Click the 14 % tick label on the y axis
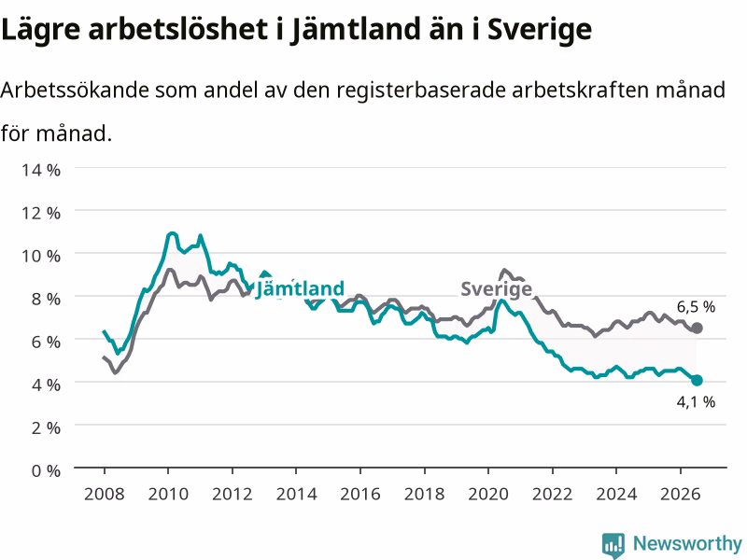(x=41, y=170)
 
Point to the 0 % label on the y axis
(x=46, y=471)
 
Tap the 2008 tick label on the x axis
(x=105, y=494)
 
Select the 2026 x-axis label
(x=681, y=494)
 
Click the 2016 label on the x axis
(x=360, y=494)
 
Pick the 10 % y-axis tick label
(x=41, y=256)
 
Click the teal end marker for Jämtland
(x=697, y=380)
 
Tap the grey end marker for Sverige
(x=697, y=328)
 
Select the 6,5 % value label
(x=696, y=307)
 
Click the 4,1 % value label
(x=696, y=402)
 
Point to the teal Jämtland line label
(x=300, y=288)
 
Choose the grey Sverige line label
(x=497, y=289)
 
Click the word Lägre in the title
(x=41, y=30)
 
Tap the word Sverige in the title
(x=540, y=30)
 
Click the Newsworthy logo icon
(x=613, y=544)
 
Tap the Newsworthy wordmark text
(x=687, y=543)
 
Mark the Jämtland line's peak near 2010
(x=172, y=233)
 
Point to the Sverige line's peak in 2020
(x=504, y=270)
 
